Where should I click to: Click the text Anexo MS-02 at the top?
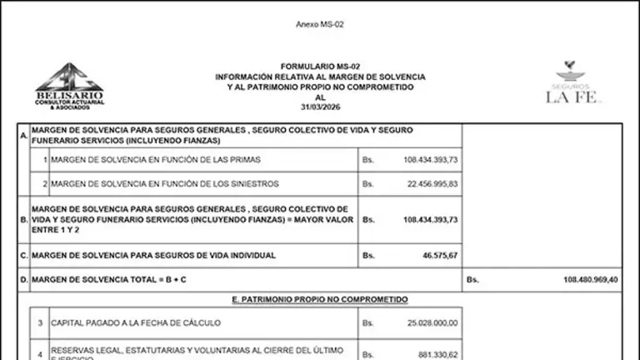tap(319, 24)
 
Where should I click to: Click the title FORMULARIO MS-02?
tap(319, 65)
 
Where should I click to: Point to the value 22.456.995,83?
tap(430, 183)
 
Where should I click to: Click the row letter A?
tap(23, 135)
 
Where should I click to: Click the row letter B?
tap(23, 219)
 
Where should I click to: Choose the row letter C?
tap(23, 255)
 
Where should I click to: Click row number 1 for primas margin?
tap(44, 158)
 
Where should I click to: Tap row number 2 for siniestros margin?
tap(44, 183)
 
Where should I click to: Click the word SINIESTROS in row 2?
tap(252, 183)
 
